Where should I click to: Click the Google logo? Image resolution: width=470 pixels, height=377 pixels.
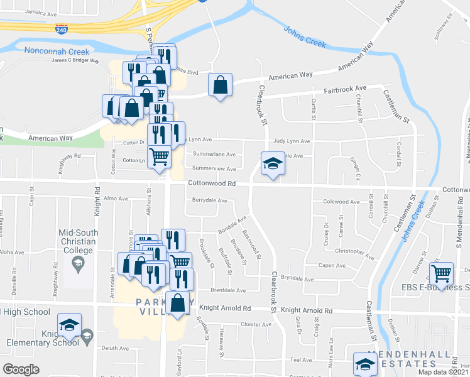click(x=22, y=369)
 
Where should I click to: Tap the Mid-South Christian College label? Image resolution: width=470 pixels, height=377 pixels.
click(x=78, y=241)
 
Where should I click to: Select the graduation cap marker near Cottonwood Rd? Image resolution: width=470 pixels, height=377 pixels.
click(x=272, y=165)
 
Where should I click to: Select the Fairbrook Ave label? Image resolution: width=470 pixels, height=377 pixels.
click(x=345, y=90)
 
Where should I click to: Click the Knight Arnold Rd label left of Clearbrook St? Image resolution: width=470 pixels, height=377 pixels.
click(x=225, y=309)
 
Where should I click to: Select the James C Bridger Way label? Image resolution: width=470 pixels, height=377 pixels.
click(x=75, y=60)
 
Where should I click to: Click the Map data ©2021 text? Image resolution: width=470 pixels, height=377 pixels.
click(x=440, y=372)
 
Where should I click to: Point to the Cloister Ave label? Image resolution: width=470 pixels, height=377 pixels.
click(x=256, y=324)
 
